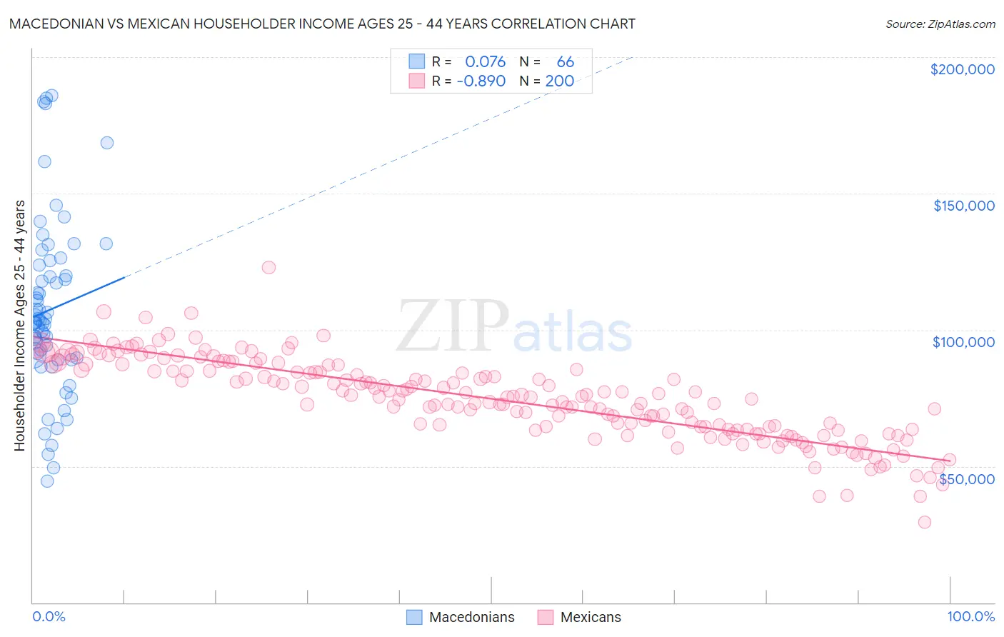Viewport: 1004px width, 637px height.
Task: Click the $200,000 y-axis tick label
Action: click(962, 69)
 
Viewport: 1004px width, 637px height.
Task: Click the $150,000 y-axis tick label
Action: click(963, 206)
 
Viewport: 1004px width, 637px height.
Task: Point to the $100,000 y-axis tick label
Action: click(963, 342)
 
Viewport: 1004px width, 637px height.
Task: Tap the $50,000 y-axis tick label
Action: click(966, 478)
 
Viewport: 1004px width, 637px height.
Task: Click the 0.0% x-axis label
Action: click(49, 616)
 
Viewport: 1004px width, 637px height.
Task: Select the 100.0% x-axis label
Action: click(970, 616)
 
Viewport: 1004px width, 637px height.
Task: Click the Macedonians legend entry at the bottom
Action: click(461, 617)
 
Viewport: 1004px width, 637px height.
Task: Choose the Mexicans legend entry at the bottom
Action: click(579, 617)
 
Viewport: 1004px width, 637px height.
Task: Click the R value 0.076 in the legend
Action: click(485, 62)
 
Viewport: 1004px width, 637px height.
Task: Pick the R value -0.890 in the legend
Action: click(481, 81)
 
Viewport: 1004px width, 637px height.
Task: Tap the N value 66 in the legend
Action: click(565, 62)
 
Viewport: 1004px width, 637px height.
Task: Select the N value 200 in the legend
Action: click(559, 81)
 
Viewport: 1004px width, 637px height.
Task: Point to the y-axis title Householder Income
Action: click(19, 326)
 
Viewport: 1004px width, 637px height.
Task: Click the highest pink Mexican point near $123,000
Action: click(268, 267)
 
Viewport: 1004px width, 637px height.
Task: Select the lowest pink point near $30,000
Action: click(924, 522)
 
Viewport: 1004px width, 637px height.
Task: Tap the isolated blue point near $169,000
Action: click(107, 143)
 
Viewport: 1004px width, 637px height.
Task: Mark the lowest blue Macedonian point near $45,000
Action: click(47, 481)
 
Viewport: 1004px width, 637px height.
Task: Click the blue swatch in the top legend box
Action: click(416, 62)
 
